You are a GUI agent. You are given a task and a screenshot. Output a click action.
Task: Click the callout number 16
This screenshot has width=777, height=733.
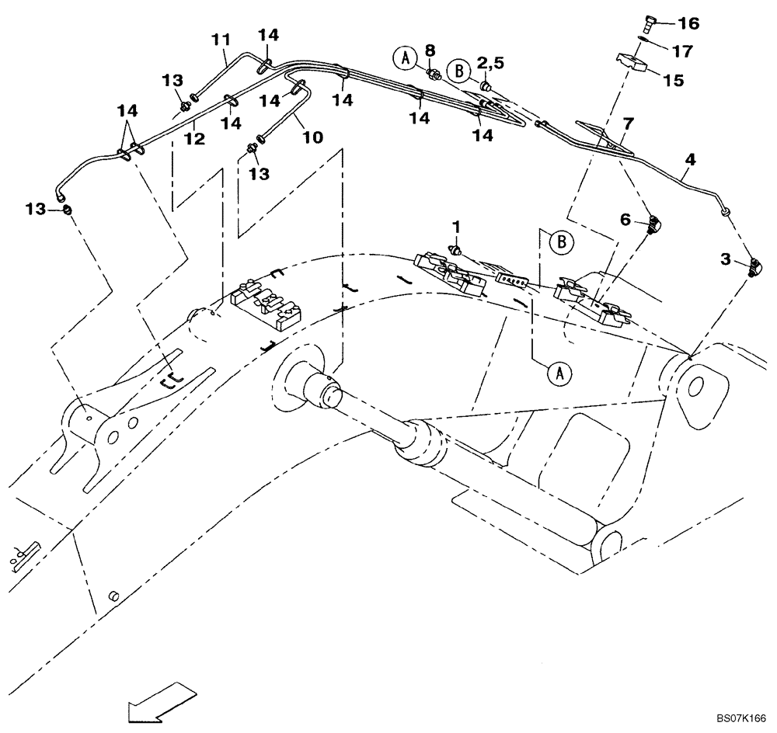point(689,24)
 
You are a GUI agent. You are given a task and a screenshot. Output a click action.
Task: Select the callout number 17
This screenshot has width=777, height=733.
point(682,52)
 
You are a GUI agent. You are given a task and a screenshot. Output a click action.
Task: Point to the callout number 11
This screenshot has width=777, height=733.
point(221,38)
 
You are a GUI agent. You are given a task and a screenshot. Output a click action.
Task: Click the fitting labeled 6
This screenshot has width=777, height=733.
point(654,225)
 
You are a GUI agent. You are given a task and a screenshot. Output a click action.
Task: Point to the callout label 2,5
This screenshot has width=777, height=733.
point(491,61)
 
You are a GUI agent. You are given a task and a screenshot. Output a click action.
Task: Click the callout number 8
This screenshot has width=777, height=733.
point(430,50)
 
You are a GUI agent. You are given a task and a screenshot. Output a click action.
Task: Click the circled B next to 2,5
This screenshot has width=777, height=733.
point(459,71)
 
